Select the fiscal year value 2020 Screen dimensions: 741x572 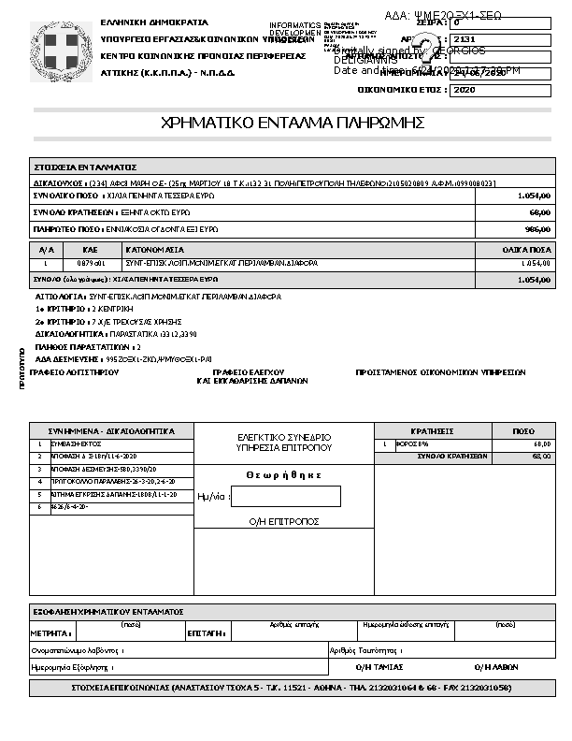coord(465,91)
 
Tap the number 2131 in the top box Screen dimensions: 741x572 coord(464,39)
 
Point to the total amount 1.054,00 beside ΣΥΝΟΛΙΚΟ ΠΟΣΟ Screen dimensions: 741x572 coord(534,196)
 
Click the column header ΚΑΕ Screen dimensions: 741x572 coord(90,250)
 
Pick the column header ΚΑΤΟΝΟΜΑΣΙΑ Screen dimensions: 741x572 coord(155,250)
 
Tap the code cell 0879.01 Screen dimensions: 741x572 coord(90,263)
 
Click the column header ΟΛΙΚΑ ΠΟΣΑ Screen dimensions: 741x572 coord(526,250)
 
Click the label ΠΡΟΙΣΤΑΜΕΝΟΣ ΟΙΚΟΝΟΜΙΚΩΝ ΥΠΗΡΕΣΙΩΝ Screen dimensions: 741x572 coord(440,372)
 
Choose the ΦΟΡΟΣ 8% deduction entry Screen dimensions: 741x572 coord(412,443)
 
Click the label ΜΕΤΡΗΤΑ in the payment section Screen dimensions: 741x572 coord(50,633)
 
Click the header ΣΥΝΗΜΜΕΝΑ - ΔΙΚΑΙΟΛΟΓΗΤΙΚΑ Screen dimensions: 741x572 coord(111,431)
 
